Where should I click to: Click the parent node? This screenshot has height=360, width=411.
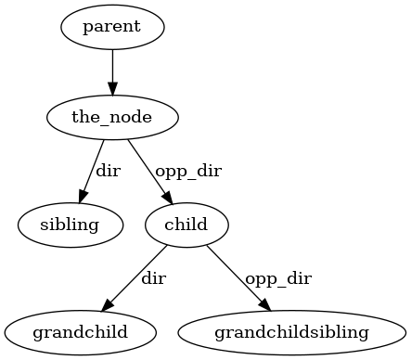[112, 26]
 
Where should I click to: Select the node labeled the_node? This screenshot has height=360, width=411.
[112, 117]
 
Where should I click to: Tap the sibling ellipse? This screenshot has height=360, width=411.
[70, 225]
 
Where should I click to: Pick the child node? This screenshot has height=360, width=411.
[186, 225]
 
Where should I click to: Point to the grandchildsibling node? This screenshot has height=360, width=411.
[291, 331]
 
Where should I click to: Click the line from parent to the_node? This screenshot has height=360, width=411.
[112, 65]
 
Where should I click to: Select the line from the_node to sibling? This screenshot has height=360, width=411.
[94, 166]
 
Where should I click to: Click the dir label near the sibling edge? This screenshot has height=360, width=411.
[109, 171]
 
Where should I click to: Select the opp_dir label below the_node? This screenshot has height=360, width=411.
[188, 171]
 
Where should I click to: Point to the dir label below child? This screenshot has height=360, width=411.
[153, 277]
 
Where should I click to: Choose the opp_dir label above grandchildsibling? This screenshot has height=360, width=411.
[277, 277]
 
